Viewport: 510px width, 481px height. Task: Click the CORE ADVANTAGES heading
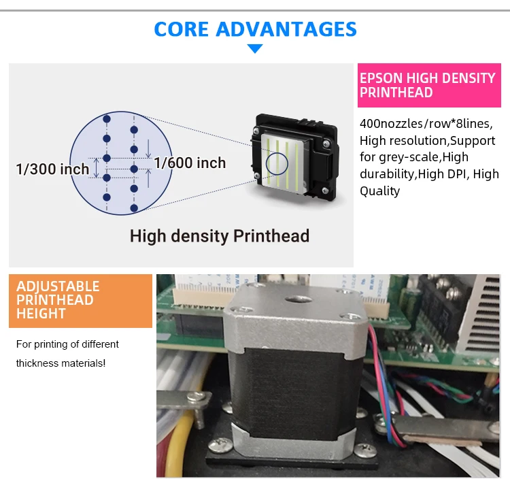255,29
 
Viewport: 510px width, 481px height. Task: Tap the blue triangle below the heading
255,48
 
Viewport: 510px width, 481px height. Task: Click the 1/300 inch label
53,169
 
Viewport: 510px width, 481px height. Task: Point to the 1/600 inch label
190,163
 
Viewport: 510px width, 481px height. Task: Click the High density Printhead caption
220,236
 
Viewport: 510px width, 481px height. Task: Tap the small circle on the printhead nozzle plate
277,164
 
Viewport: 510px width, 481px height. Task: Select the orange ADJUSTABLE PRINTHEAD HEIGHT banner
80,300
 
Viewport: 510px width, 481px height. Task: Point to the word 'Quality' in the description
380,191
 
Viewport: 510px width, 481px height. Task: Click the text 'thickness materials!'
61,363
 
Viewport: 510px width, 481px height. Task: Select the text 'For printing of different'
67,344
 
